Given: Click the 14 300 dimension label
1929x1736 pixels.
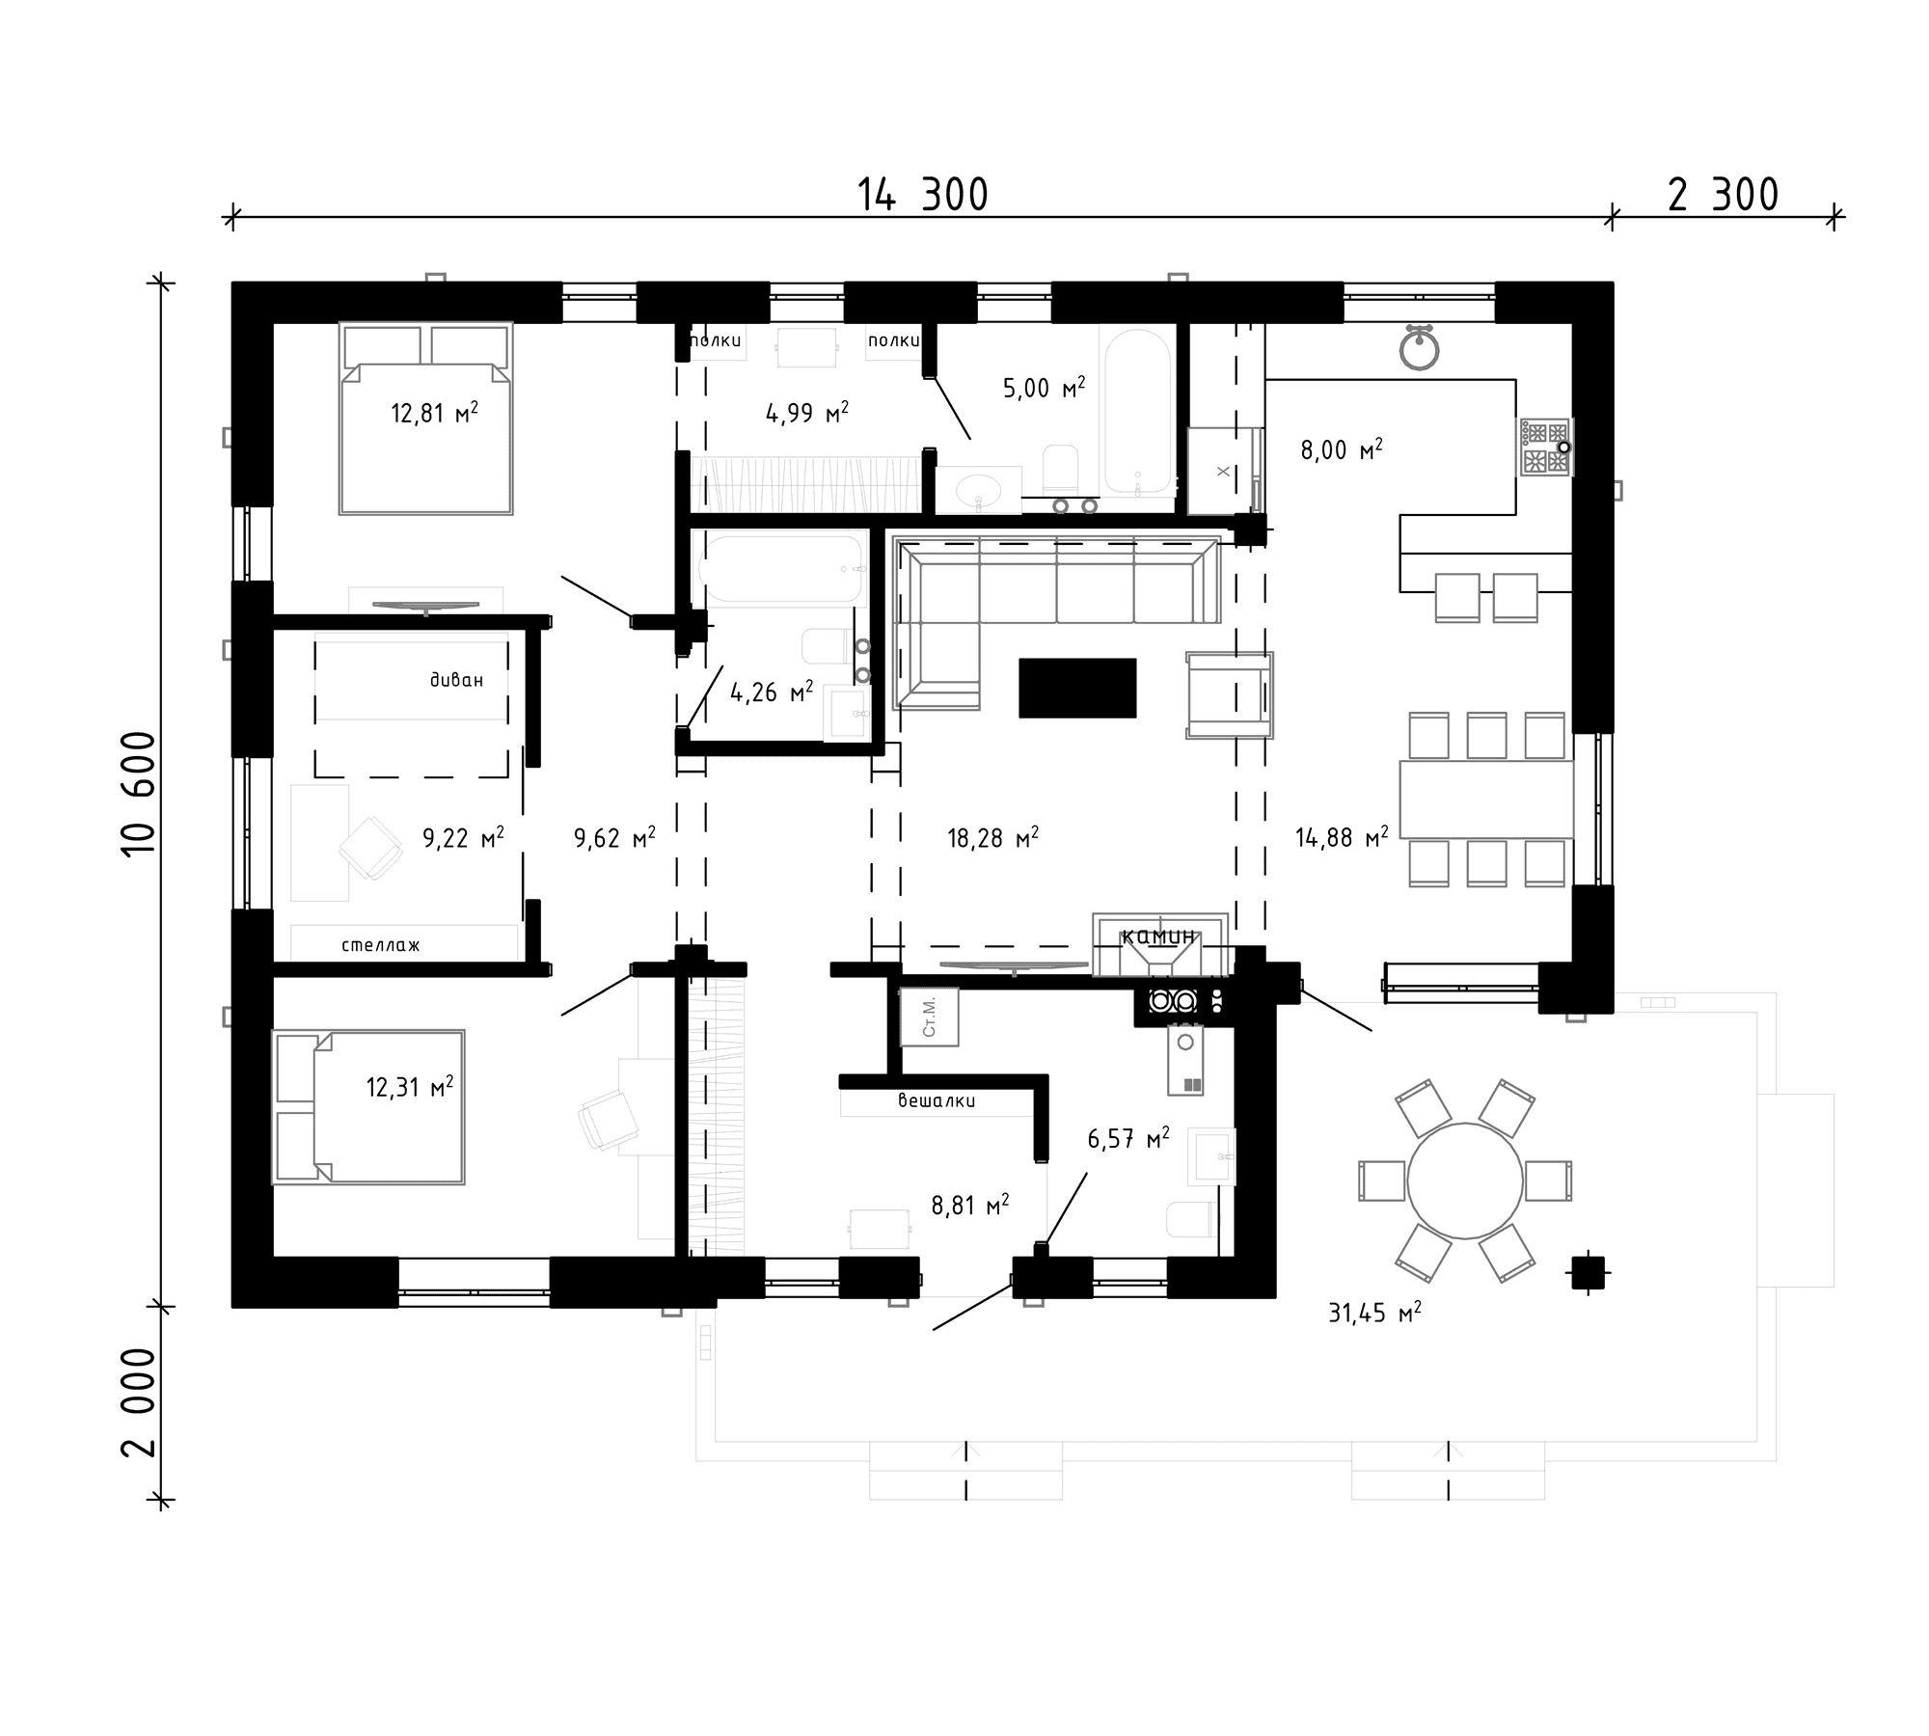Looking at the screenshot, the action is (923, 195).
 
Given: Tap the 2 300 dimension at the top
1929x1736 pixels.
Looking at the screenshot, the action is (1723, 195).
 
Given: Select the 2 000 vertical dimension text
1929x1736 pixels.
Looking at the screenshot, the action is (139, 1402).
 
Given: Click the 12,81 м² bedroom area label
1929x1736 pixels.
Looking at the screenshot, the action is (434, 413).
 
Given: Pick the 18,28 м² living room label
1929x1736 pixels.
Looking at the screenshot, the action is (992, 837).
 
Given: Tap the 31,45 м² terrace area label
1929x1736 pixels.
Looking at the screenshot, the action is (1374, 1313).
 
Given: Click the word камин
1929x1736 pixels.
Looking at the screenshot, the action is (1159, 936).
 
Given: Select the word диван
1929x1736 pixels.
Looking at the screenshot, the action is (456, 680).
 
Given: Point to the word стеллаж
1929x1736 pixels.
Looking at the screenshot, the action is (381, 945).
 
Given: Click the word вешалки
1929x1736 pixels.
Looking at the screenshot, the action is (937, 1100).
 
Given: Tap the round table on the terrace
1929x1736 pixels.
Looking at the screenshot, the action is (1465, 1180).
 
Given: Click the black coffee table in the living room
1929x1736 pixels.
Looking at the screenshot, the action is (1077, 688).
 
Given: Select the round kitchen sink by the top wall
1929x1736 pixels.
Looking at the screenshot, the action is (1419, 348).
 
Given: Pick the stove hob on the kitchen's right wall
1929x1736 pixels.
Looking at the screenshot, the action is (1546, 448).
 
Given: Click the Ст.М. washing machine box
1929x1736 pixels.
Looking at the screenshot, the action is (929, 1017).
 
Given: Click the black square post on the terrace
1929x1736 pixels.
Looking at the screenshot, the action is (1589, 1272).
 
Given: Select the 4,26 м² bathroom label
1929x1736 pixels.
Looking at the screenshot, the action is (771, 692).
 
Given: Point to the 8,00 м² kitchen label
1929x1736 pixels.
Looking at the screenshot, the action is (1342, 449).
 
